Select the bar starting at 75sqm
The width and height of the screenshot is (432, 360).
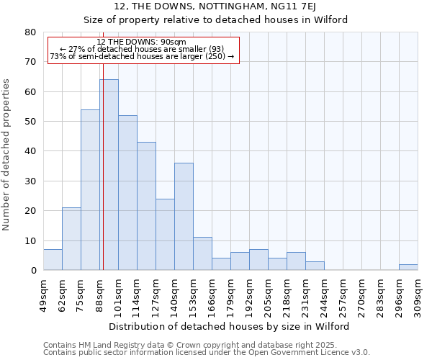pyautogui.click(x=90, y=190)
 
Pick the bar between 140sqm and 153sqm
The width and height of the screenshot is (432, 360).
pyautogui.click(x=184, y=217)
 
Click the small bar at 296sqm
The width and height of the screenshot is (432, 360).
pyautogui.click(x=408, y=267)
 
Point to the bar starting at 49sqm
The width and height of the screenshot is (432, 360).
pyautogui.click(x=53, y=260)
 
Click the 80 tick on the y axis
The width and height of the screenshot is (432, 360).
pyautogui.click(x=30, y=32)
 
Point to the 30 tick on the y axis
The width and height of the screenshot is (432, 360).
pyautogui.click(x=30, y=181)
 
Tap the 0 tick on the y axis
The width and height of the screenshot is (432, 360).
pyautogui.click(x=33, y=271)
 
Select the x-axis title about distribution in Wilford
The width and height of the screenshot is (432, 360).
pyautogui.click(x=230, y=327)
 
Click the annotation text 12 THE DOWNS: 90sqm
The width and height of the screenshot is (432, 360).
pyautogui.click(x=141, y=42)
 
